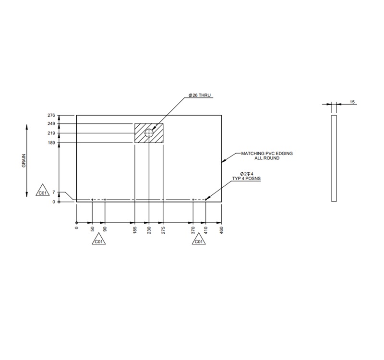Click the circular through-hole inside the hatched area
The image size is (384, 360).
pyautogui.click(x=149, y=133)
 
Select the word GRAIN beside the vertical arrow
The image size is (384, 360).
pyautogui.click(x=24, y=161)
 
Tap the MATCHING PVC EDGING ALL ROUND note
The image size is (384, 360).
pyautogui.click(x=266, y=156)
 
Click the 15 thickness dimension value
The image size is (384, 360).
pyautogui.click(x=352, y=102)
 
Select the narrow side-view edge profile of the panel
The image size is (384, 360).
pyautogui.click(x=334, y=158)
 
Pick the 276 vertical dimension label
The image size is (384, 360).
pyautogui.click(x=51, y=116)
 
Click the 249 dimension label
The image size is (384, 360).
pyautogui.click(x=51, y=124)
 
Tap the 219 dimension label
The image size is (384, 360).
pyautogui.click(x=51, y=133)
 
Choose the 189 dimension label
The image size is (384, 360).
pyautogui.click(x=51, y=143)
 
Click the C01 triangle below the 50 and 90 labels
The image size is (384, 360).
pyautogui.click(x=98, y=240)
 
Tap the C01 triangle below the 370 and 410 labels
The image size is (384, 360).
pyautogui.click(x=198, y=240)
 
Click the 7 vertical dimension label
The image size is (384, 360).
pyautogui.click(x=54, y=192)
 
